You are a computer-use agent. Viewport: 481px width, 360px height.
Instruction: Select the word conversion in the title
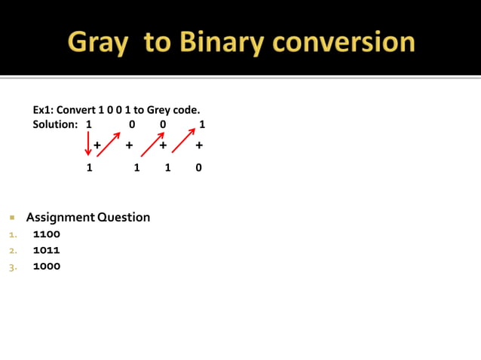pos(344,41)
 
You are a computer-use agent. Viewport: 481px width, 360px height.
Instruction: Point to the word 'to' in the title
pos(157,42)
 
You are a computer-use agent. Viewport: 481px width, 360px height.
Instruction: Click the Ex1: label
pos(44,110)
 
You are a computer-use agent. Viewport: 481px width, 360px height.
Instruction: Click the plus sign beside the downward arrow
pos(97,145)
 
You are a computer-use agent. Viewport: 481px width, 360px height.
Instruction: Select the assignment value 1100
pos(47,234)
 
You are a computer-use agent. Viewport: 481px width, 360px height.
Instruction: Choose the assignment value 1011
pos(47,250)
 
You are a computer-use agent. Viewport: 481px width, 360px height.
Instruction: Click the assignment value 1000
pos(47,267)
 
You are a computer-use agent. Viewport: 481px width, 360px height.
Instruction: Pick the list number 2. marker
pos(13,251)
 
